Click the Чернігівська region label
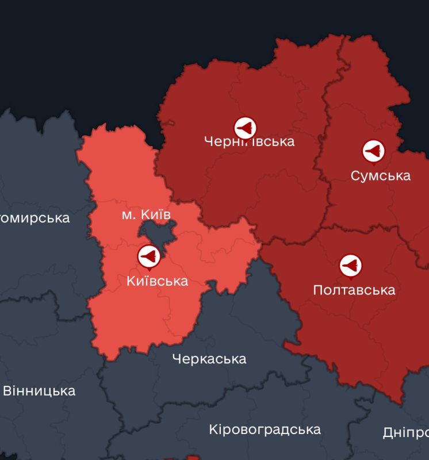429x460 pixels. click(249, 141)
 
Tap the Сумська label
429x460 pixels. click(380, 175)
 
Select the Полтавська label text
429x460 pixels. click(354, 290)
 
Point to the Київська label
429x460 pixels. click(156, 281)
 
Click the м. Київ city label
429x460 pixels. click(146, 214)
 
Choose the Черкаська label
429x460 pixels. click(209, 359)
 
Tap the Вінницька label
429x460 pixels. click(39, 391)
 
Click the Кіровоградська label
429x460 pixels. click(265, 429)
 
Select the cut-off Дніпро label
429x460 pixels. click(405, 432)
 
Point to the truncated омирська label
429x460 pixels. click(35, 218)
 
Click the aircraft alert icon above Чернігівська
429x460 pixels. click(244, 127)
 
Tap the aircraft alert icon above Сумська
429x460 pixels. click(373, 151)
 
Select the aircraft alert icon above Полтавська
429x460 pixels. click(350, 265)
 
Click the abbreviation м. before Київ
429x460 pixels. click(129, 214)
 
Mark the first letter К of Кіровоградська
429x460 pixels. click(213, 429)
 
